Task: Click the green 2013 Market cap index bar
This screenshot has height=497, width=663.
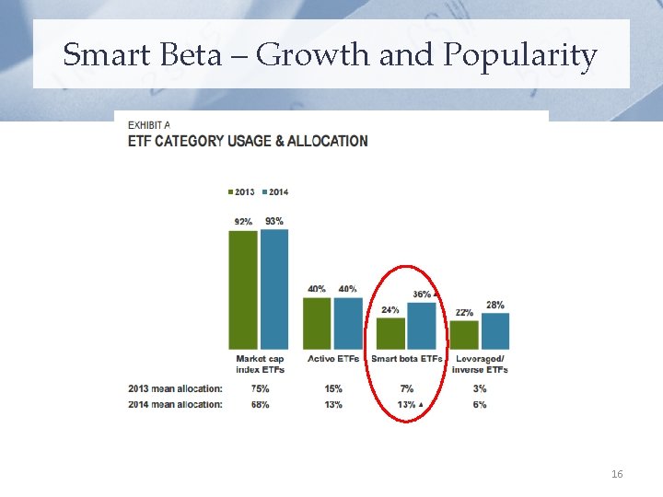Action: coord(244,289)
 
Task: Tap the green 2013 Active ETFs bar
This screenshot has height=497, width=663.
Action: coord(317,323)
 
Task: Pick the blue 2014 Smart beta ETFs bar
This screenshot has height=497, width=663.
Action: coord(421,326)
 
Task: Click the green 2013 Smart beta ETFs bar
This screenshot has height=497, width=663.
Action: coord(390,333)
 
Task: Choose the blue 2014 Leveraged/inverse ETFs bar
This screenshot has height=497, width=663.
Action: coord(494,330)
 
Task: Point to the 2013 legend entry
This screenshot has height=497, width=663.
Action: coord(241,191)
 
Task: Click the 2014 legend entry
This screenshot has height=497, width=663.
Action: coord(274,191)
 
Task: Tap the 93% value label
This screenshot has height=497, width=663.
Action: coord(274,221)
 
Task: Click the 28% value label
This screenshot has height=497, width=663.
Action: coord(494,306)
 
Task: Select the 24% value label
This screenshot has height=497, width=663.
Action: coord(390,309)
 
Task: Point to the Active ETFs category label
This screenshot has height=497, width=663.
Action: coord(333,359)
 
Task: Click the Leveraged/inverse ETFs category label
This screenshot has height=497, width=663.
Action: coord(480,364)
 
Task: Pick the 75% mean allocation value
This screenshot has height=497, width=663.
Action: coord(259,388)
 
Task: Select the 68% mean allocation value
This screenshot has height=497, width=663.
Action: coord(259,405)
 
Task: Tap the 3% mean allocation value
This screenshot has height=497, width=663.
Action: coord(480,388)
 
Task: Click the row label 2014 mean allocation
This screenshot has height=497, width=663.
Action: coord(175,405)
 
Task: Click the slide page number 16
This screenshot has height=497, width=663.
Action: coord(617,474)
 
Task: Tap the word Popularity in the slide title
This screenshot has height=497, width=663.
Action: coord(520,56)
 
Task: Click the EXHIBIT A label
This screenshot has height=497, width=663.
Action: coord(148,125)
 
